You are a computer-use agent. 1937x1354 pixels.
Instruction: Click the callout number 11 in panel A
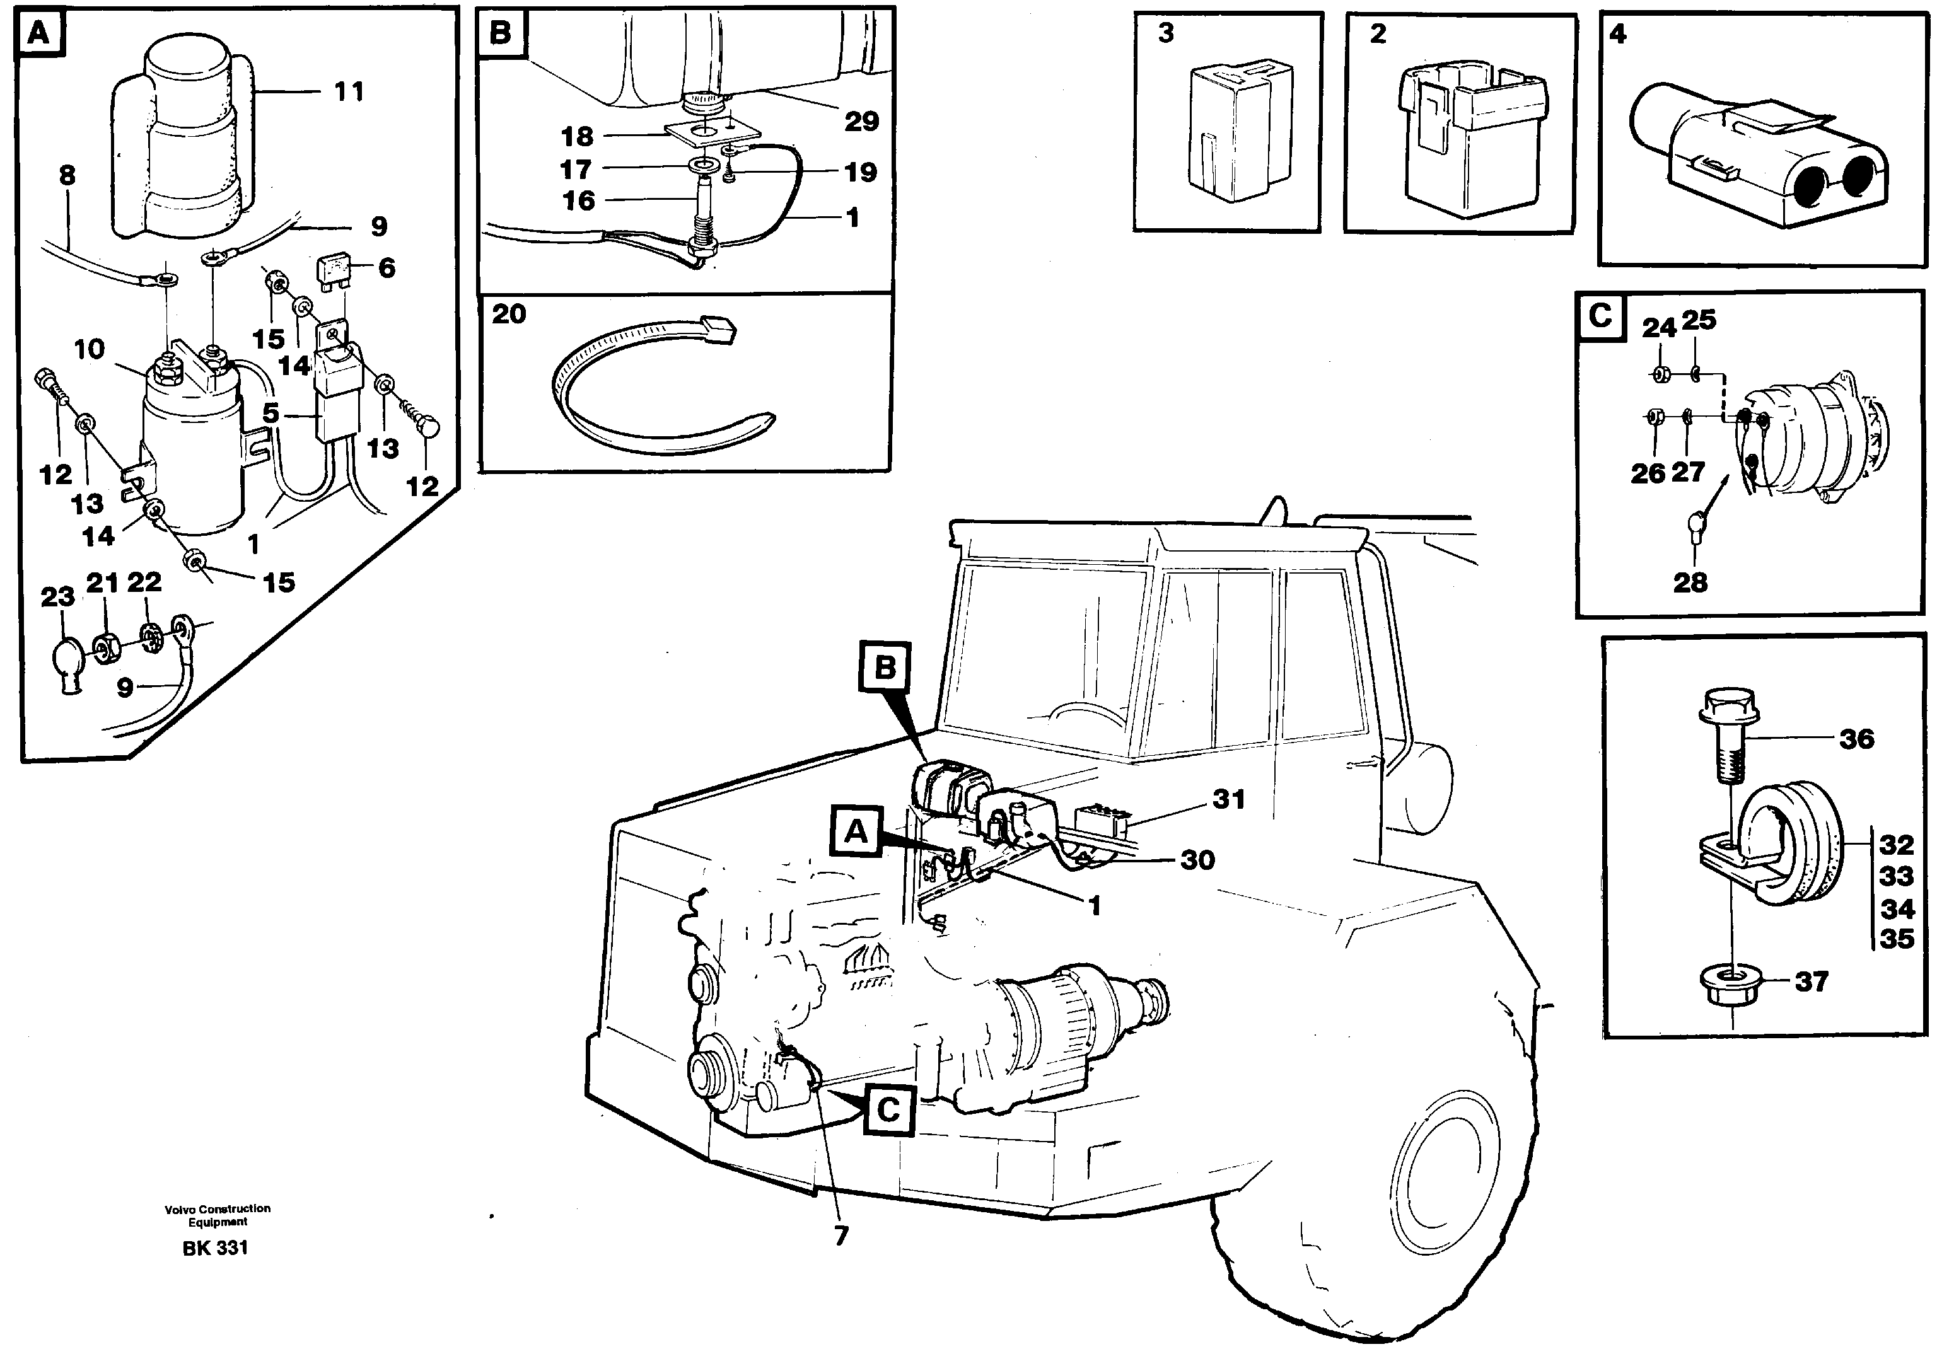pyautogui.click(x=349, y=91)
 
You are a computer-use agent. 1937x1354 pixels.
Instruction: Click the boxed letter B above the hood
pyautogui.click(x=884, y=668)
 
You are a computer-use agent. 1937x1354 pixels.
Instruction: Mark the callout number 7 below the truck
pyautogui.click(x=841, y=1237)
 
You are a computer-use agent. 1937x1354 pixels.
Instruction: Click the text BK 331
pyautogui.click(x=215, y=1247)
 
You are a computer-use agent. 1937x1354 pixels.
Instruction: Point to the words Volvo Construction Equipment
pyautogui.click(x=218, y=1215)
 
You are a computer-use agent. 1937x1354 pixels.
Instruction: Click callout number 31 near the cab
pyautogui.click(x=1228, y=798)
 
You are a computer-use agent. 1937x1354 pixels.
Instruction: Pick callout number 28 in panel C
pyautogui.click(x=1690, y=582)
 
